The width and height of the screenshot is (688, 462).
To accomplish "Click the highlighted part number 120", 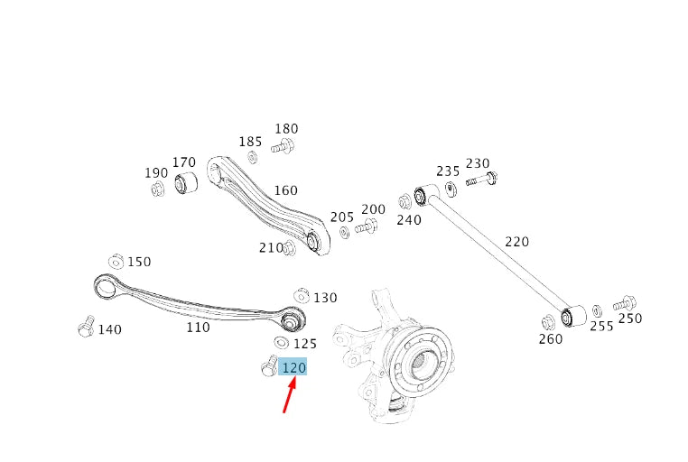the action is (x=293, y=366).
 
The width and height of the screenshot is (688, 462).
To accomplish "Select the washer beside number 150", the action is (x=116, y=262).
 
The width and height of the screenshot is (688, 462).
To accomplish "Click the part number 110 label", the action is (x=198, y=327).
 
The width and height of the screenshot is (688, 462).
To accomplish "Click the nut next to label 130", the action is (x=302, y=295).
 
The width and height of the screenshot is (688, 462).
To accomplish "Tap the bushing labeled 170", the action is (x=186, y=183).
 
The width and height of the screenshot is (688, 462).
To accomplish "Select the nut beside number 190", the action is (x=157, y=189).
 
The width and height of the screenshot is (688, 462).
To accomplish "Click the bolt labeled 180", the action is (x=282, y=146).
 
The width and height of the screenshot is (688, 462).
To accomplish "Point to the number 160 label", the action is (x=285, y=190).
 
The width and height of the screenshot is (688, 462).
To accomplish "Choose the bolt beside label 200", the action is (x=367, y=226).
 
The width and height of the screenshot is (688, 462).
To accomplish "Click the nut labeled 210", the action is (x=289, y=248).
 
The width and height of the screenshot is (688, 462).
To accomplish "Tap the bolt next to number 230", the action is (x=482, y=179).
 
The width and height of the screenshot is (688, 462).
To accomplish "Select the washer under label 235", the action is (x=451, y=189).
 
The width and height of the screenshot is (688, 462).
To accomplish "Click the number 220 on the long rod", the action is (x=516, y=242).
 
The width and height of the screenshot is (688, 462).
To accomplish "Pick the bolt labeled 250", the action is (x=625, y=303).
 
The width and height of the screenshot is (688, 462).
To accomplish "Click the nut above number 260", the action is (x=548, y=323).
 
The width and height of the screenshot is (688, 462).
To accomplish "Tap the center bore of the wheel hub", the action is (x=420, y=361).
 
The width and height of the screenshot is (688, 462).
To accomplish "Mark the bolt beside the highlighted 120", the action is (x=268, y=366).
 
